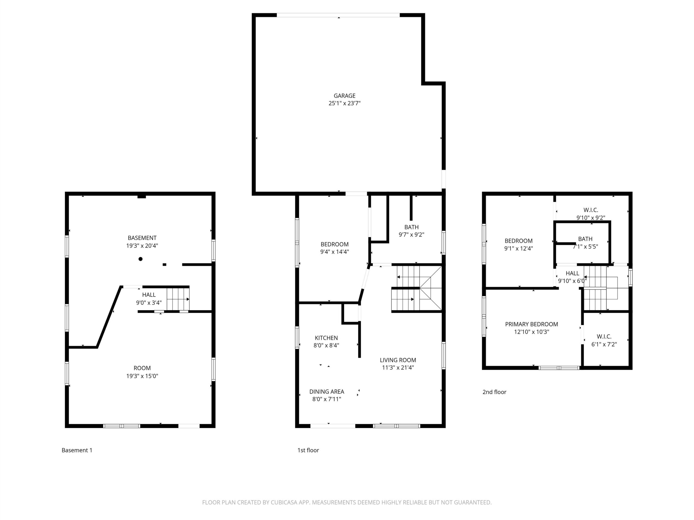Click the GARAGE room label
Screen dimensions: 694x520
(345, 96)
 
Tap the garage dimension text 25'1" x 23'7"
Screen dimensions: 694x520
(345, 103)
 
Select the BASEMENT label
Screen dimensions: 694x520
(142, 238)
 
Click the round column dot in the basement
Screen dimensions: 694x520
(140, 259)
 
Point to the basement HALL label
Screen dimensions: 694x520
(149, 295)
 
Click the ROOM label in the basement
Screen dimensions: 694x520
(142, 368)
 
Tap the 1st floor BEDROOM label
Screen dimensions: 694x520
(335, 244)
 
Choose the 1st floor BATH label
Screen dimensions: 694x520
(411, 227)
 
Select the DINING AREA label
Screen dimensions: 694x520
(327, 391)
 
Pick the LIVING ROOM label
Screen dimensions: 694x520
(398, 360)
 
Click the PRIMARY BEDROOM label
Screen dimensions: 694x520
(532, 324)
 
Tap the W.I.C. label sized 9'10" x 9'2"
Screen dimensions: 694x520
(591, 210)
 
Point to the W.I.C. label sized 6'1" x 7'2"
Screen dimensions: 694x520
(604, 337)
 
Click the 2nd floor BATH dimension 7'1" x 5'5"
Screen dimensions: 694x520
(586, 246)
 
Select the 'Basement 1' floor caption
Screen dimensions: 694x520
(77, 450)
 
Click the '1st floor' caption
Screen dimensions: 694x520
(308, 450)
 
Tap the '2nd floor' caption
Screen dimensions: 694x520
(494, 392)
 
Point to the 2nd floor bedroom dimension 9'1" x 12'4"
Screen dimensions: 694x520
(519, 248)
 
